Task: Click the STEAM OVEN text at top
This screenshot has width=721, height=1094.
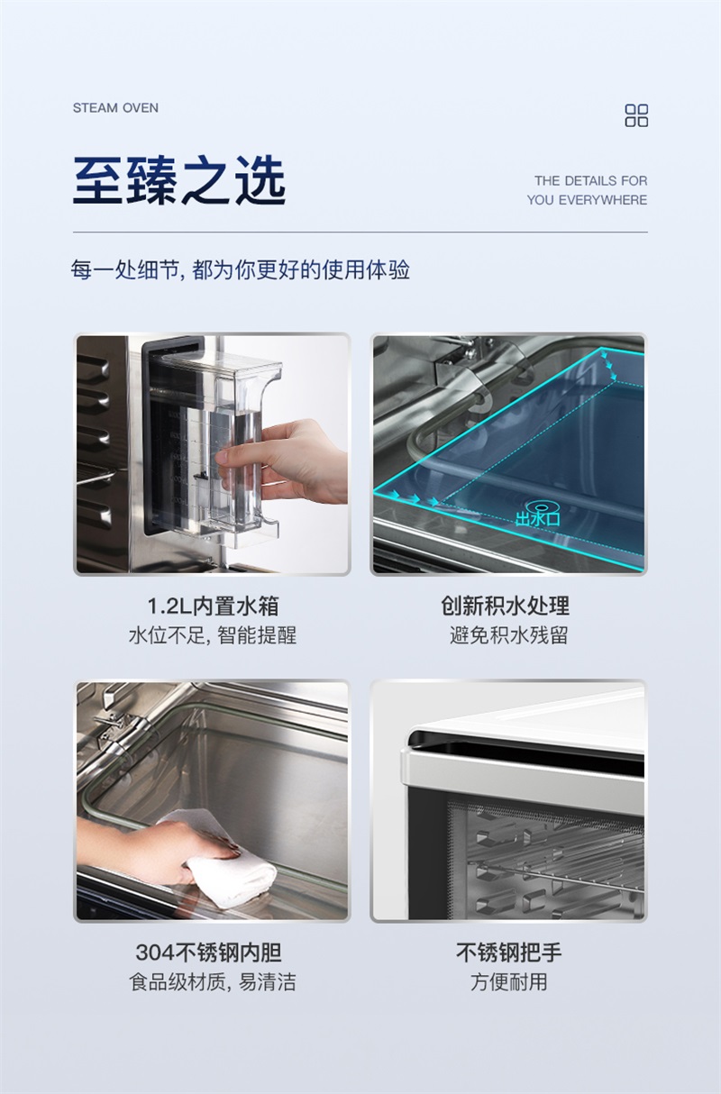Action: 115,108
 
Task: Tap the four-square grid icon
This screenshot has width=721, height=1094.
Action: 636,115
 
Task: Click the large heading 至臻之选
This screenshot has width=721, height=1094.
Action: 179,180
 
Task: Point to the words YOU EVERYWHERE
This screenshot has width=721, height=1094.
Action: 587,200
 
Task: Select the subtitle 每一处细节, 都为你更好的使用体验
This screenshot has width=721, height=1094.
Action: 241,269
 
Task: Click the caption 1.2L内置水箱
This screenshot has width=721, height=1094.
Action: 213,606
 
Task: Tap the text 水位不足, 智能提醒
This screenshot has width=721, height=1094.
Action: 213,635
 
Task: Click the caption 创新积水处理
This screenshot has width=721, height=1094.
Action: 505,606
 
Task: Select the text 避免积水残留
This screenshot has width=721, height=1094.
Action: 508,635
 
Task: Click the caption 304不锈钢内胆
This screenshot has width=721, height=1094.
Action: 208,952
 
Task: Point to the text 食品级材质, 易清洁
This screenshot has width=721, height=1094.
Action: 213,981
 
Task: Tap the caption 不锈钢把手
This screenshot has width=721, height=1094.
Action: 508,952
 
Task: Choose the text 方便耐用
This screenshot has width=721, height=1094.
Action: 508,981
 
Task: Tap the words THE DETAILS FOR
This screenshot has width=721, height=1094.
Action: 590,181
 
